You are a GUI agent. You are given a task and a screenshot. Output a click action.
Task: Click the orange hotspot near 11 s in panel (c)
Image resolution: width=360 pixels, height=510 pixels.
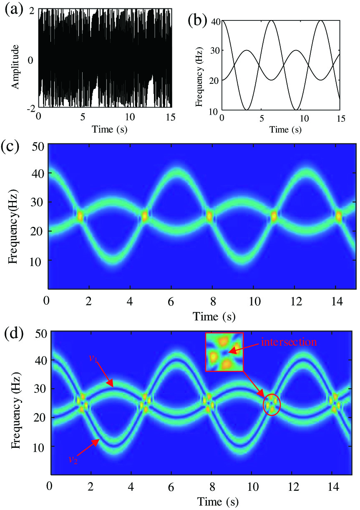click(274, 216)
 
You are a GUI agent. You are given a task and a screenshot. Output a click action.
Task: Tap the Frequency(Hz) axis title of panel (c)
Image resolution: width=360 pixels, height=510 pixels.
click(13, 216)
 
